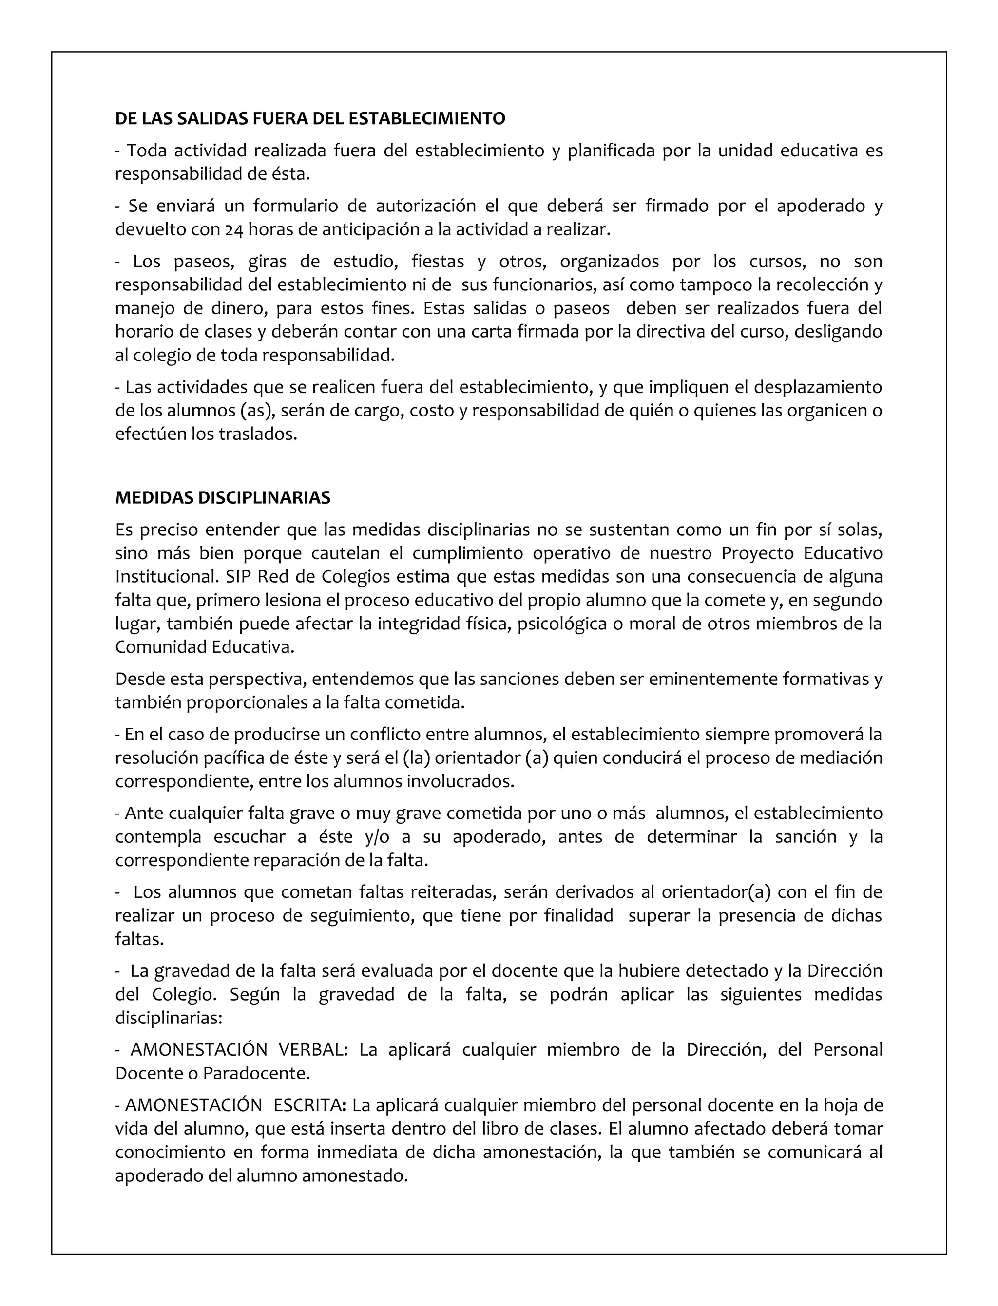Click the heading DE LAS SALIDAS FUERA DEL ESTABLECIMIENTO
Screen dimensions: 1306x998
click(310, 119)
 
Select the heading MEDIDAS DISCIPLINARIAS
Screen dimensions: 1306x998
click(223, 498)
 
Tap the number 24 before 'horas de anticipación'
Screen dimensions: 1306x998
click(234, 230)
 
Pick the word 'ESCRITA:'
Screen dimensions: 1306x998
click(310, 1105)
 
